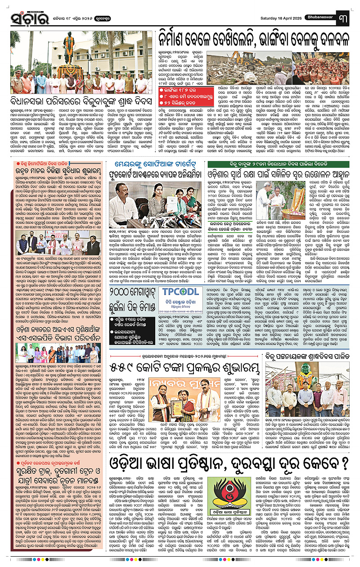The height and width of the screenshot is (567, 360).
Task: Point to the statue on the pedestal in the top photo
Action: [x=67, y=47]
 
